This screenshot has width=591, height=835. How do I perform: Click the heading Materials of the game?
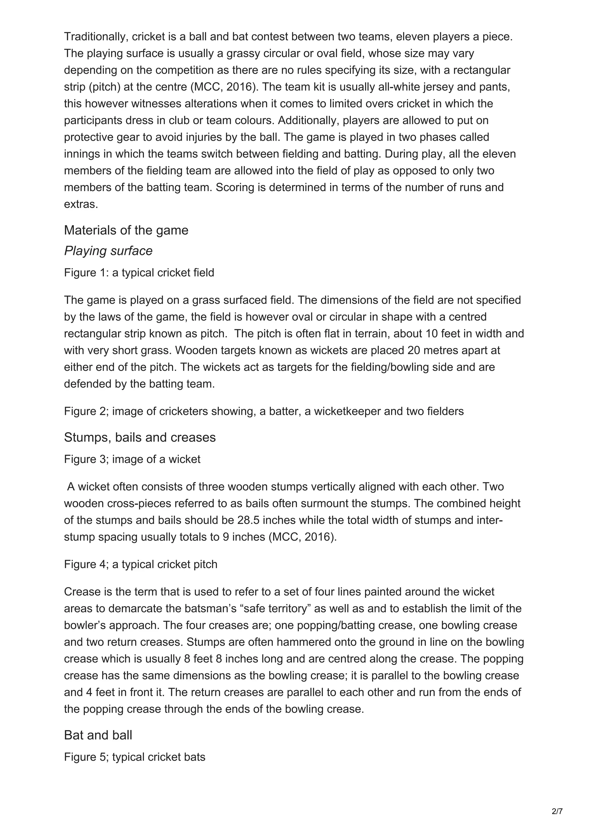(126, 230)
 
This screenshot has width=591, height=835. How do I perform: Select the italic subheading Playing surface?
(108, 251)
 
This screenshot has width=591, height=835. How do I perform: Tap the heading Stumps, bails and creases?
(140, 437)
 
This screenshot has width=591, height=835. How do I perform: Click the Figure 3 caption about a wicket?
(132, 459)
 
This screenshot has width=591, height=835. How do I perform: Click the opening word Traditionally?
(96, 37)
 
